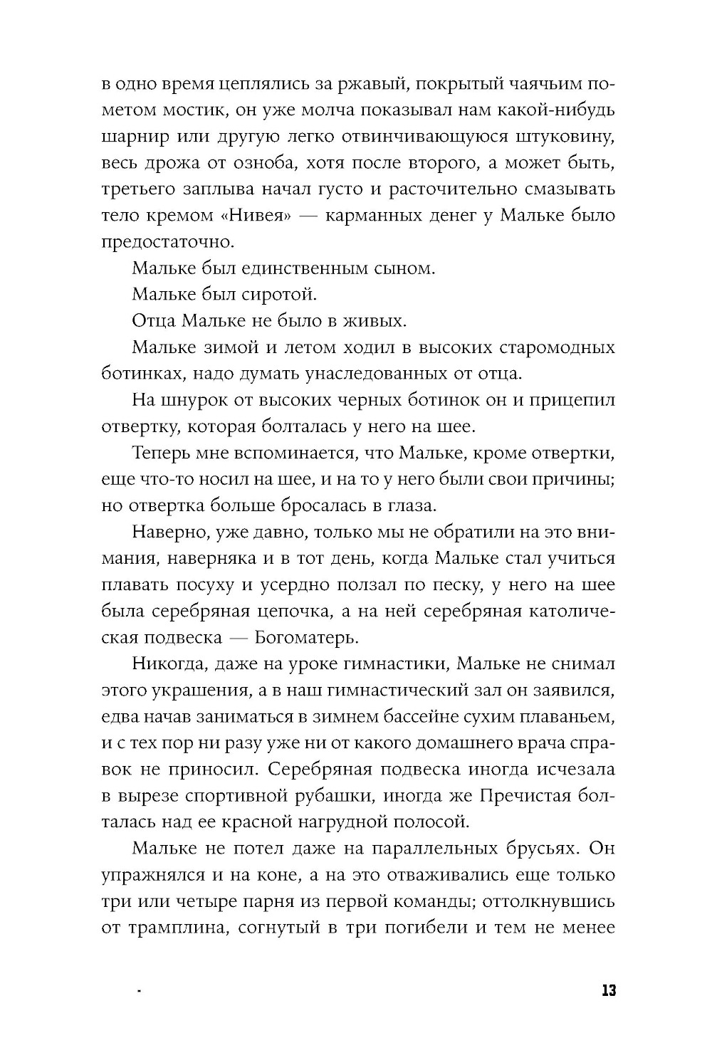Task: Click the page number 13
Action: click(607, 991)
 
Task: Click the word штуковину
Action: click(566, 137)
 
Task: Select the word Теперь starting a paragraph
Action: click(163, 453)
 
